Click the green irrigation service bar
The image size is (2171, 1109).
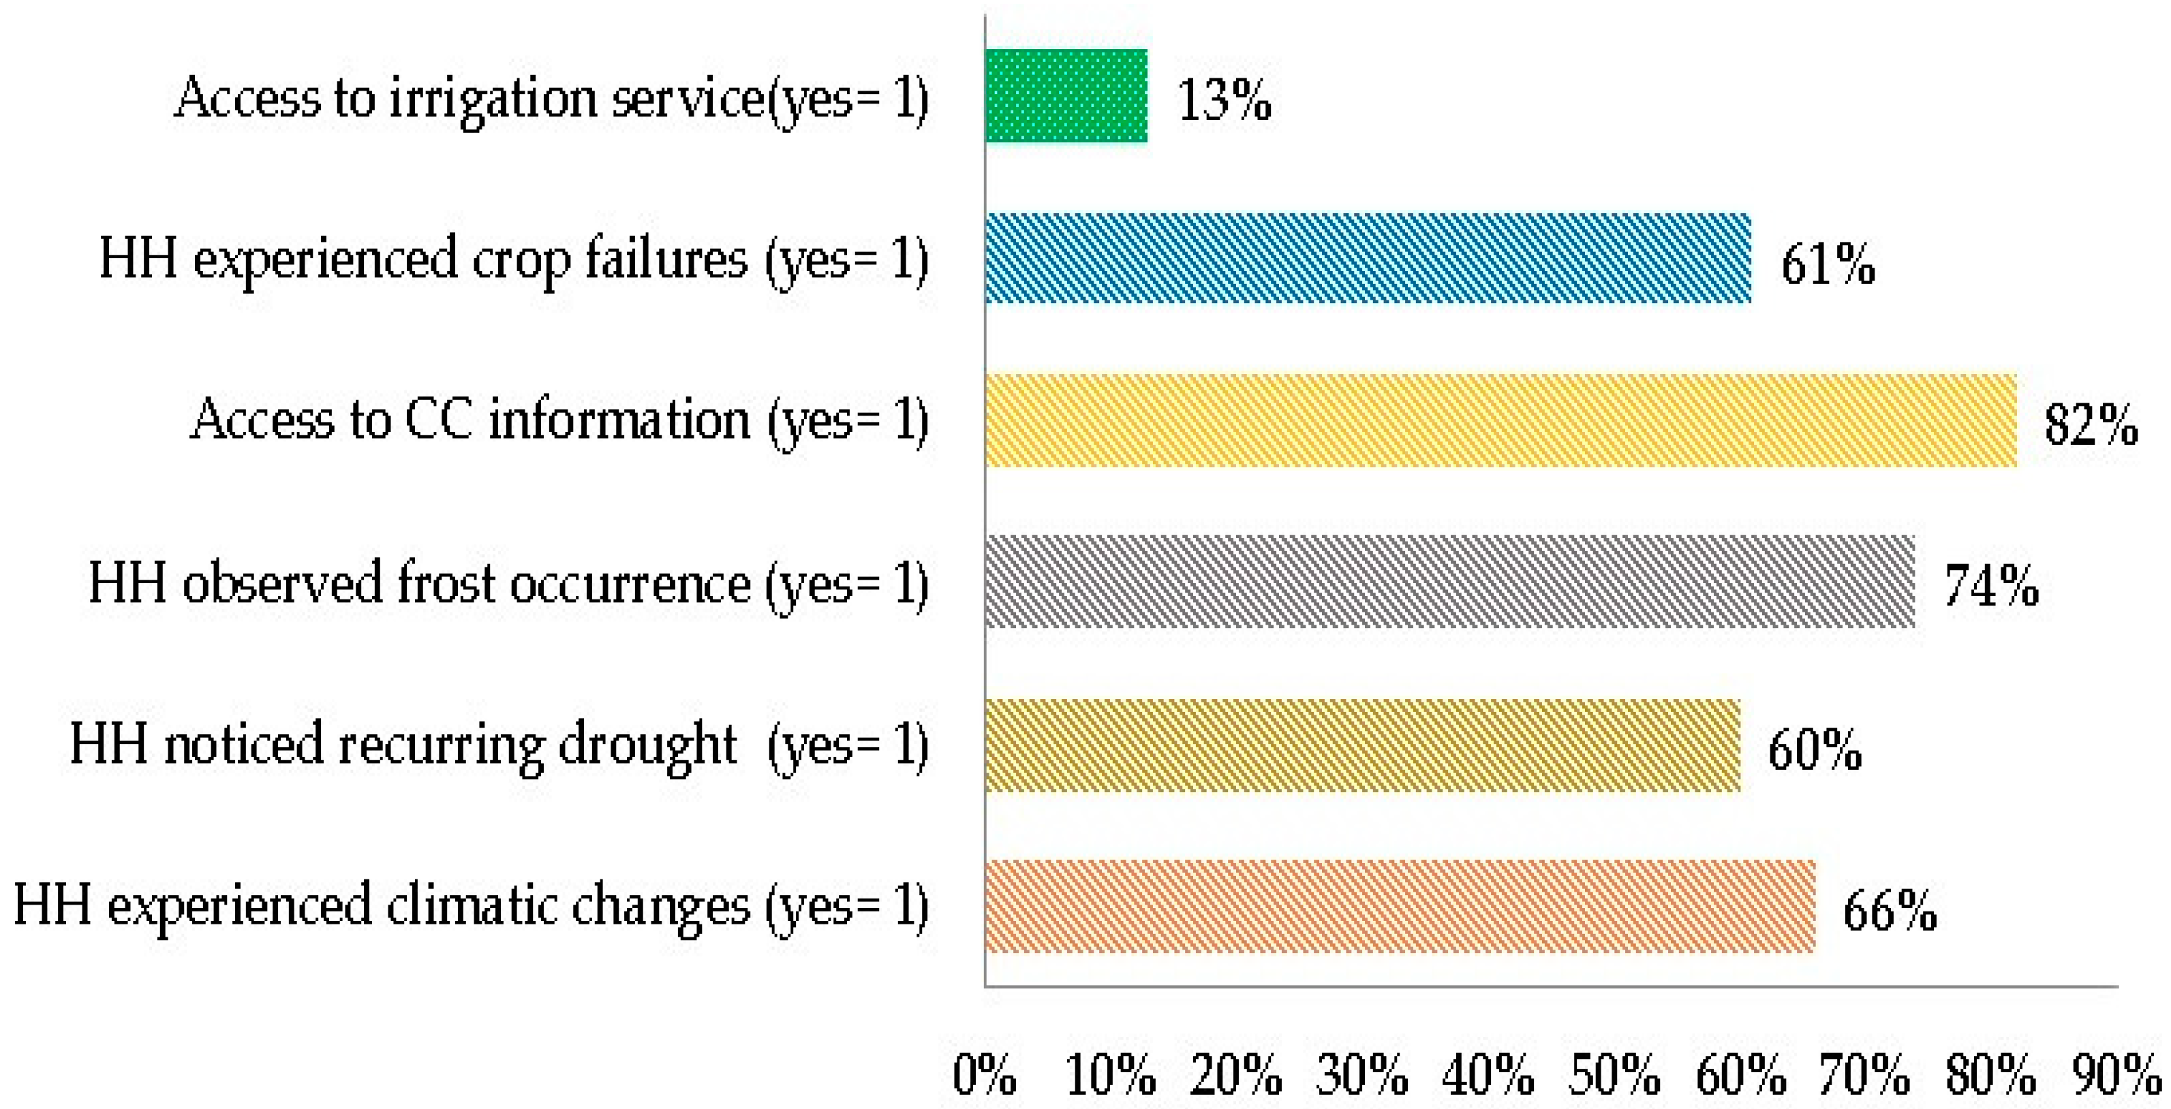[x=1066, y=96]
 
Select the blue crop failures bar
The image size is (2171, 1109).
[x=1367, y=259]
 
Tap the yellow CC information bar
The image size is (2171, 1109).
[x=1500, y=420]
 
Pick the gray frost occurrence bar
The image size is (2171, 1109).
[x=1449, y=582]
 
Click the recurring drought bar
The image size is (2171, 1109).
[x=1362, y=745]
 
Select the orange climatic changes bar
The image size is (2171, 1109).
[x=1399, y=907]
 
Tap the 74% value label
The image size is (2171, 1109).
[x=1990, y=587]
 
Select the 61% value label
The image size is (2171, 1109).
[x=1827, y=264]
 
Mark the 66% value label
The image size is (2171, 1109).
[x=1890, y=911]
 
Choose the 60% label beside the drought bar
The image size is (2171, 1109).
[x=1814, y=749]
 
